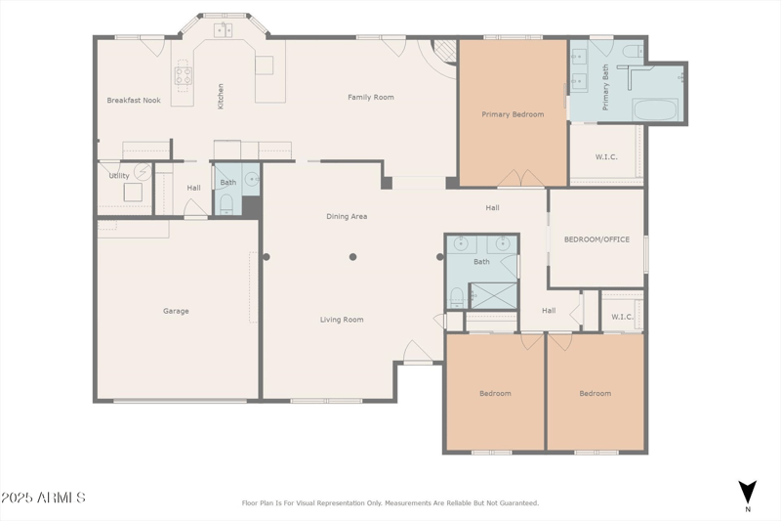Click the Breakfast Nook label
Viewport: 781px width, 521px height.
pyautogui.click(x=134, y=101)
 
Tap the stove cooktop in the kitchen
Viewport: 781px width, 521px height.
pyautogui.click(x=184, y=76)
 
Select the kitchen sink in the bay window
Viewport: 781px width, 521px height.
pyautogui.click(x=224, y=30)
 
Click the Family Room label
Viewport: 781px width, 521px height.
pyautogui.click(x=371, y=97)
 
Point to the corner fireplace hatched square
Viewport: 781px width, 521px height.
pyautogui.click(x=444, y=51)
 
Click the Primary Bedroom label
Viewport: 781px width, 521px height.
pyautogui.click(x=513, y=114)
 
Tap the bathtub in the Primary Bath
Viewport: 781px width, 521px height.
pyautogui.click(x=655, y=109)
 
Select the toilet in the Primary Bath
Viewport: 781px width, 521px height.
pyautogui.click(x=633, y=50)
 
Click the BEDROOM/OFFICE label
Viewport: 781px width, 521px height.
pyautogui.click(x=596, y=239)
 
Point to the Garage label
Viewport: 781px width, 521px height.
pyautogui.click(x=176, y=311)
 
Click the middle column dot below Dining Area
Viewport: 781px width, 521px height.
pyautogui.click(x=352, y=257)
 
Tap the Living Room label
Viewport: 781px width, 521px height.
pyautogui.click(x=342, y=320)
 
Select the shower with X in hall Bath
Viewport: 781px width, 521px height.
pyautogui.click(x=494, y=295)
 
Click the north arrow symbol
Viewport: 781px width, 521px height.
pyautogui.click(x=748, y=493)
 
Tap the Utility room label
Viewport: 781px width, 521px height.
pyautogui.click(x=119, y=176)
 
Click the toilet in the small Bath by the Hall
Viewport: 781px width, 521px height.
pyautogui.click(x=226, y=204)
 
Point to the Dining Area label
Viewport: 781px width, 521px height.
pyautogui.click(x=347, y=216)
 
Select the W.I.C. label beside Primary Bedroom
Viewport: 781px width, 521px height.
pyautogui.click(x=606, y=156)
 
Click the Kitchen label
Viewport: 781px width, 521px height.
pyautogui.click(x=221, y=96)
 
